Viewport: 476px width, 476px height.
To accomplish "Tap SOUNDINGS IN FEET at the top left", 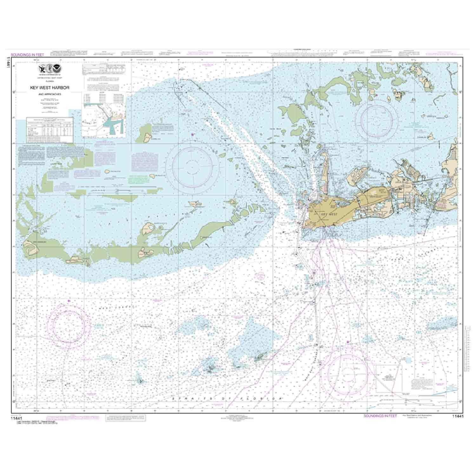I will (27, 55).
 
